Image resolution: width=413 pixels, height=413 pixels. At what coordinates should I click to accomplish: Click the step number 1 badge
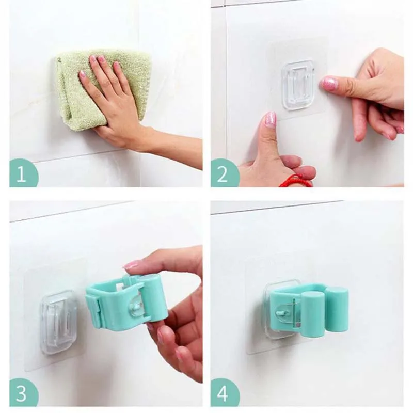23,174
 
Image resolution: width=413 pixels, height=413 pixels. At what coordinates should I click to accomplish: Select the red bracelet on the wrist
295,181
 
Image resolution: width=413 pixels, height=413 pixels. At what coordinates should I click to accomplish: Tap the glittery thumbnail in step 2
271,120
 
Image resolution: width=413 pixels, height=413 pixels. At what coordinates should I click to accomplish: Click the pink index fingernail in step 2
329,83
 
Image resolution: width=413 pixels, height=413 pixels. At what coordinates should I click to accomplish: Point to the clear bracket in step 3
58,321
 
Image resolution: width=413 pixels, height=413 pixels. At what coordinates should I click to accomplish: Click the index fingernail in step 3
131,265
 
